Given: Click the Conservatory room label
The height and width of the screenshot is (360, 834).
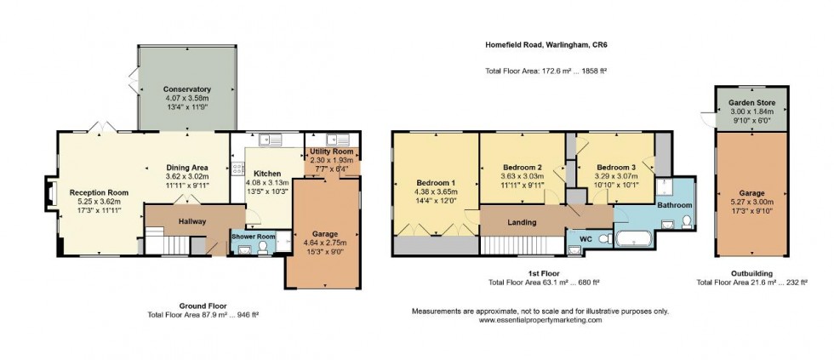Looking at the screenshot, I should tap(187, 89).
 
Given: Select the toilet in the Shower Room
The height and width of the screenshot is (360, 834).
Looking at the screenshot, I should tap(262, 247).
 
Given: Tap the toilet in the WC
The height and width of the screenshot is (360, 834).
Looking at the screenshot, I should tap(604, 239).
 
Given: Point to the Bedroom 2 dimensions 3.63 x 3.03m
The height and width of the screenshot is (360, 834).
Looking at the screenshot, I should tap(523, 176).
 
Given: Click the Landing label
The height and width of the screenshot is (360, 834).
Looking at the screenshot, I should tap(522, 222).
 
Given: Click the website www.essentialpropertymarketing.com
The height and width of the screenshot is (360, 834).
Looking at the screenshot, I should tap(540, 320).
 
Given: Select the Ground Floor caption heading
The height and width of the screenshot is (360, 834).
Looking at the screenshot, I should tap(203, 304).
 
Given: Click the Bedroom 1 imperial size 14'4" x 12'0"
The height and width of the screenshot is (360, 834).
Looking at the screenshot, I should tap(436, 202).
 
